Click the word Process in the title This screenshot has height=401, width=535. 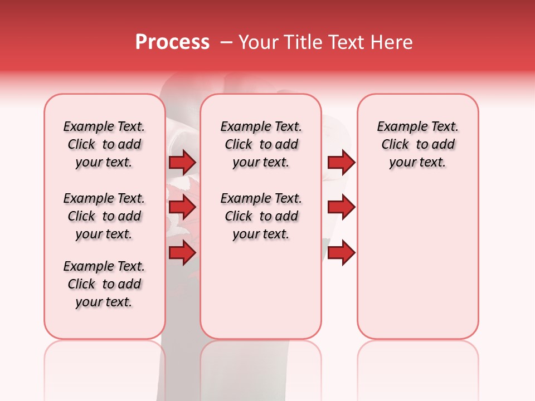(172, 42)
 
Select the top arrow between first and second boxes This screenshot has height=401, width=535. (182, 162)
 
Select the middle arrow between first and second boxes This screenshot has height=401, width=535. (182, 208)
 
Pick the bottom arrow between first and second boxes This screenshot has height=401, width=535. (182, 253)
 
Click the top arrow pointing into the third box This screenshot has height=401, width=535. (341, 162)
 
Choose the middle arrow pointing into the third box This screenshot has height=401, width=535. (341, 208)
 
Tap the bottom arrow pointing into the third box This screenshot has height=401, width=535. (341, 253)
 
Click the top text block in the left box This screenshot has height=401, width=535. (104, 144)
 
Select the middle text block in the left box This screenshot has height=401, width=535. (104, 216)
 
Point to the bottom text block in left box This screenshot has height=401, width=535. (104, 284)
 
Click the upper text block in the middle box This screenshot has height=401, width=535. (261, 144)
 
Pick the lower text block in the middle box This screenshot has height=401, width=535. (261, 216)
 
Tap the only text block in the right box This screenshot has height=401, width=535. (418, 144)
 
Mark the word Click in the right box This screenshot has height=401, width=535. (395, 145)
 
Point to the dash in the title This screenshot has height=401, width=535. (226, 43)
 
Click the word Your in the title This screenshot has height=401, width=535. (257, 42)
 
